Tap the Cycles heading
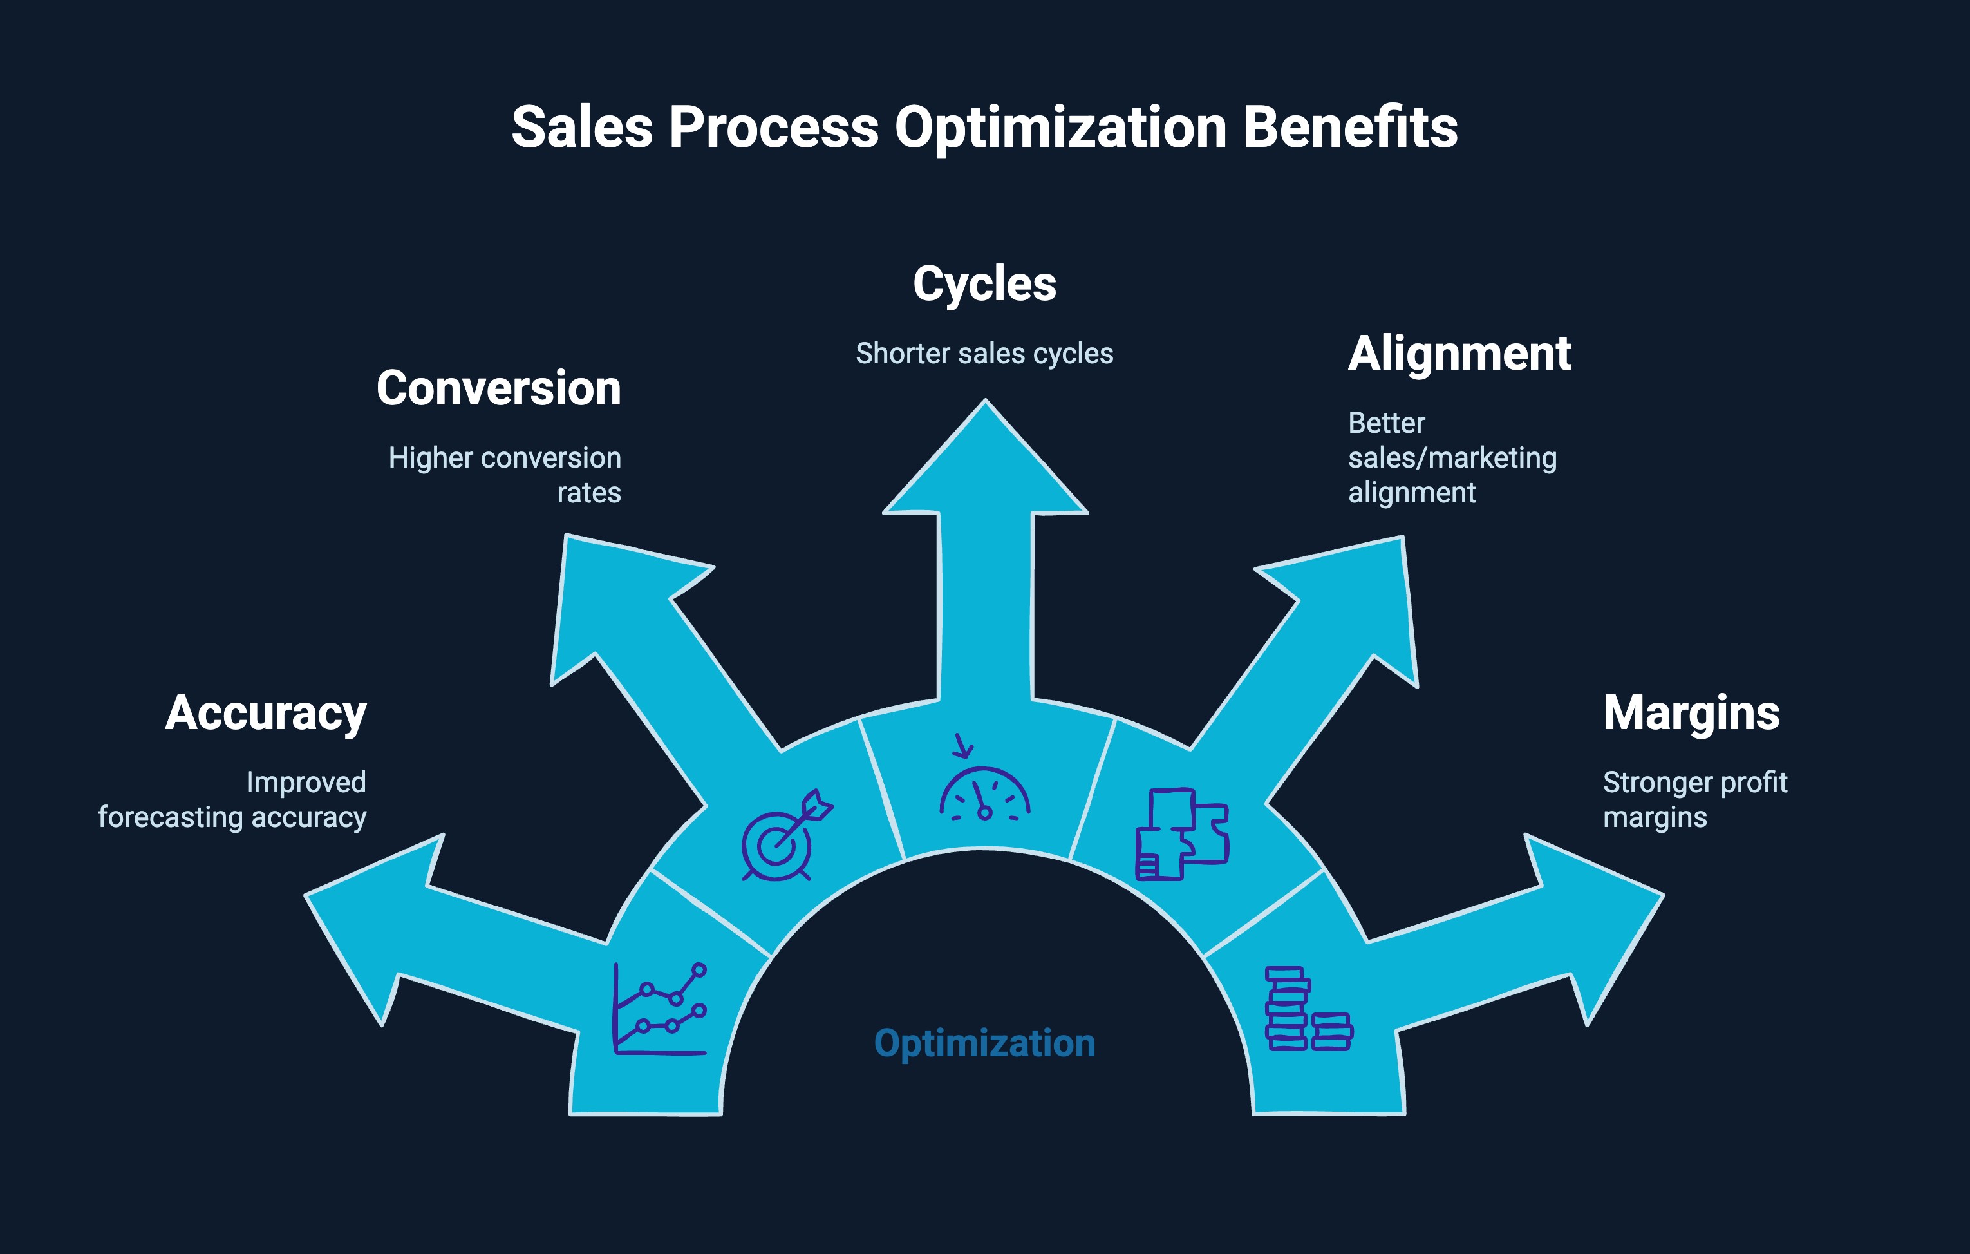[x=984, y=284]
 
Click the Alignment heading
[x=1459, y=354]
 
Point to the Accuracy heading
[x=266, y=713]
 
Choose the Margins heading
[x=1691, y=713]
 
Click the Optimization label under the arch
[x=984, y=1043]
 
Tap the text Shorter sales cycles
[x=984, y=354]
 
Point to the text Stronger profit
[x=1694, y=783]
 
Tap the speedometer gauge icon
[x=984, y=788]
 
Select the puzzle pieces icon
[x=1181, y=834]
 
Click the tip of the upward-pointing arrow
[x=985, y=403]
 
